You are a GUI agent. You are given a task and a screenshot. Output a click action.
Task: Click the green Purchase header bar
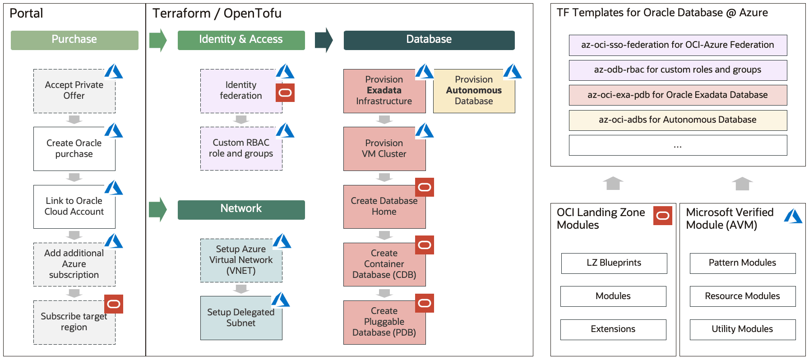coord(74,40)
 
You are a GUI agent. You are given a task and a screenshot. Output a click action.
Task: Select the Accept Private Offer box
coord(74,91)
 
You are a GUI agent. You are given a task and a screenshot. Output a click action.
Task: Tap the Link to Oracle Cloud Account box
coord(74,207)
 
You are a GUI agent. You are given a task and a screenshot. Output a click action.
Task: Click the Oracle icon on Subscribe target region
coord(114,304)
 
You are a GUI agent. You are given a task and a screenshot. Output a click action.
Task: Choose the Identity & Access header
coord(241,40)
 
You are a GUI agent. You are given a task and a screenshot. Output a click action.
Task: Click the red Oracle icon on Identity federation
coord(285,93)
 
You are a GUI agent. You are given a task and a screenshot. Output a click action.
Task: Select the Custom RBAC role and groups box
coord(241,148)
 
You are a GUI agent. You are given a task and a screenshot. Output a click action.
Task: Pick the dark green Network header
coord(241,209)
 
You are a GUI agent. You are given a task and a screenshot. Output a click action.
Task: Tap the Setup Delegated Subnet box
coord(241,318)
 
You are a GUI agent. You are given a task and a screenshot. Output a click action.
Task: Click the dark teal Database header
coord(429,40)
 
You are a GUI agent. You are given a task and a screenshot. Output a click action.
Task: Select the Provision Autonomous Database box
coord(474,91)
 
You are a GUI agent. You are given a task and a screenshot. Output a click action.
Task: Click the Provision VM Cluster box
coord(384,149)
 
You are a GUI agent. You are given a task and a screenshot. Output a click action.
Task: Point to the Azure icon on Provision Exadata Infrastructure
coord(424,71)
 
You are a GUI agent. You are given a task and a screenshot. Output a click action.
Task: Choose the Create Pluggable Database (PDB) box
coord(384,322)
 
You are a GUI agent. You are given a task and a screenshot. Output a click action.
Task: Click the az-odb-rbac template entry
coord(677,70)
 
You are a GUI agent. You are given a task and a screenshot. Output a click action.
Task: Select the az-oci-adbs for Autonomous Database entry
coord(677,120)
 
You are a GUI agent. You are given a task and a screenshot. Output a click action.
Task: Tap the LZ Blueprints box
coord(614,263)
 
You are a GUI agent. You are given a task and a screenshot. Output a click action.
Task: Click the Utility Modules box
coord(742,329)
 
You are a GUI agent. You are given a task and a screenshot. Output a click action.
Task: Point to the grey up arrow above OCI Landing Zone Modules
coord(613,183)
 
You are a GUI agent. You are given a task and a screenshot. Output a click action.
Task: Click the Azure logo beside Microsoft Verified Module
coord(793,217)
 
